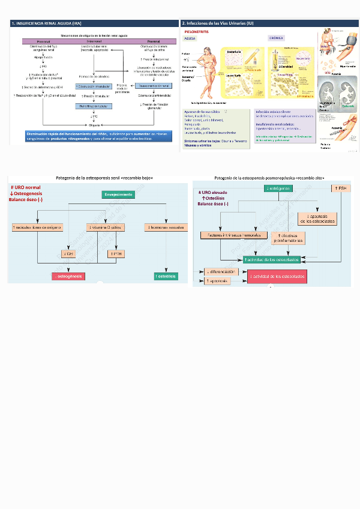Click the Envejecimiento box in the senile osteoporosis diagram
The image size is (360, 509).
pos(118,195)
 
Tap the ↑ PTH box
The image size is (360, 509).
pos(115,254)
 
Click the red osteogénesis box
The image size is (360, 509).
pos(68,277)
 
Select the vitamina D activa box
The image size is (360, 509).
pos(104,227)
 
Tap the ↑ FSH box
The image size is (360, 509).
pos(340,188)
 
